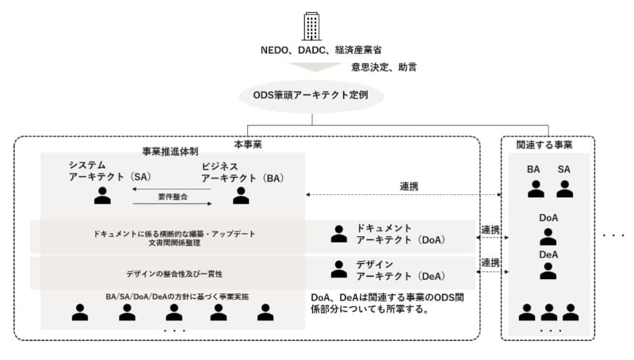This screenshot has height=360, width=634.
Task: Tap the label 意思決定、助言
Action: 384,68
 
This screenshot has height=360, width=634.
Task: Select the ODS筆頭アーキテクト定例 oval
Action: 312,96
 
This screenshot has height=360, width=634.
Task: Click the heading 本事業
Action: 247,145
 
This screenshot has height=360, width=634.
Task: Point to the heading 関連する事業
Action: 544,145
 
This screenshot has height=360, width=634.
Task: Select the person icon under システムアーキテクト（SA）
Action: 102,195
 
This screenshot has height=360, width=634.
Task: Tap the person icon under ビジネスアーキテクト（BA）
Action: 241,195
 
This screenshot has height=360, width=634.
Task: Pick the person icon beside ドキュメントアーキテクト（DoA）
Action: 339,233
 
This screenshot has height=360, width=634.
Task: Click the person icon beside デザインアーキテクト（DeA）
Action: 339,269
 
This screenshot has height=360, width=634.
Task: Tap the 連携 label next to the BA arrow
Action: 409,186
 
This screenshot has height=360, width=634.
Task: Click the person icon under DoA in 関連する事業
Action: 548,236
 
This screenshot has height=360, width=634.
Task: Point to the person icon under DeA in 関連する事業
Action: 548,270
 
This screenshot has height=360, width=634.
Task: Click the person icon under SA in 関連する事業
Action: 564,189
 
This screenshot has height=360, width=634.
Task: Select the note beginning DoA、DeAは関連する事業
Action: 394,303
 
